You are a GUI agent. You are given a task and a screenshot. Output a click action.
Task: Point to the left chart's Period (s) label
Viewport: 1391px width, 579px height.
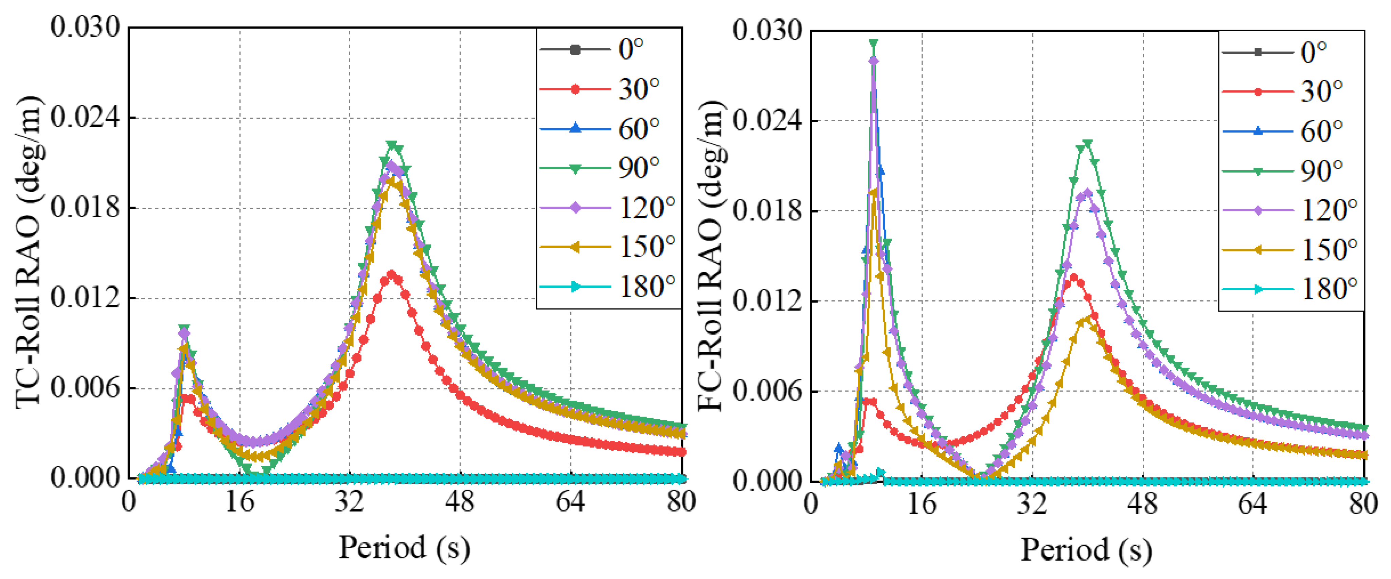404,548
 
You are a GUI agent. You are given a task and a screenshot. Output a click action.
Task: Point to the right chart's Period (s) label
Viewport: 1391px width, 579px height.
1086,550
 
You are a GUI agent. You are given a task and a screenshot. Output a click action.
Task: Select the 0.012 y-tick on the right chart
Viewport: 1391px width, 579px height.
767,300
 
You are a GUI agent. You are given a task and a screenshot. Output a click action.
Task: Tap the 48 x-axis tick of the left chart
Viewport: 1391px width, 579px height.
460,502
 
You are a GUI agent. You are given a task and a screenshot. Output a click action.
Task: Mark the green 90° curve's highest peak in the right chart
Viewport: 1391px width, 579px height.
873,43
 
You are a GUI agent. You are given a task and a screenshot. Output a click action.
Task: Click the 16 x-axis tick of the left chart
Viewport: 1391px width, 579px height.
240,502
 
